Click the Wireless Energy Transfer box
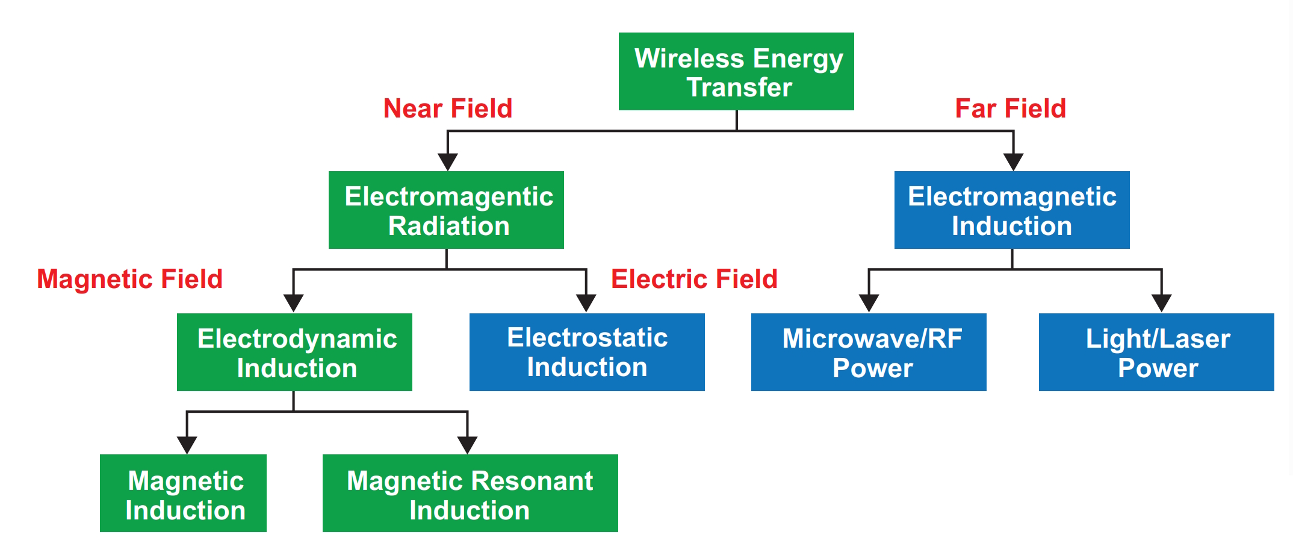tap(736, 71)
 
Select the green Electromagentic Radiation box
tap(446, 210)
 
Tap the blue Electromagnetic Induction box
tap(1012, 210)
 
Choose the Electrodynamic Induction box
tap(294, 352)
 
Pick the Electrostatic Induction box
tap(587, 352)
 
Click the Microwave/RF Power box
tap(869, 352)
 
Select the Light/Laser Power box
tap(1156, 352)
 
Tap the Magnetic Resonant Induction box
tap(470, 493)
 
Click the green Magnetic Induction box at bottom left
tap(183, 493)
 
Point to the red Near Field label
tap(448, 108)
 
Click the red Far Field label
tap(1011, 108)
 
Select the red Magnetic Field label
tap(130, 279)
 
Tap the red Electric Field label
tap(695, 279)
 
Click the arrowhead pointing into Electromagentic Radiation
tap(448, 162)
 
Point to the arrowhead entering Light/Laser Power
tap(1161, 303)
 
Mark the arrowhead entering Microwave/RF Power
tap(869, 303)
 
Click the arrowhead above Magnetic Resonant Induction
tap(467, 445)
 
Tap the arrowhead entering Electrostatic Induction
tap(586, 303)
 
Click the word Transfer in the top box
tap(739, 87)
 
